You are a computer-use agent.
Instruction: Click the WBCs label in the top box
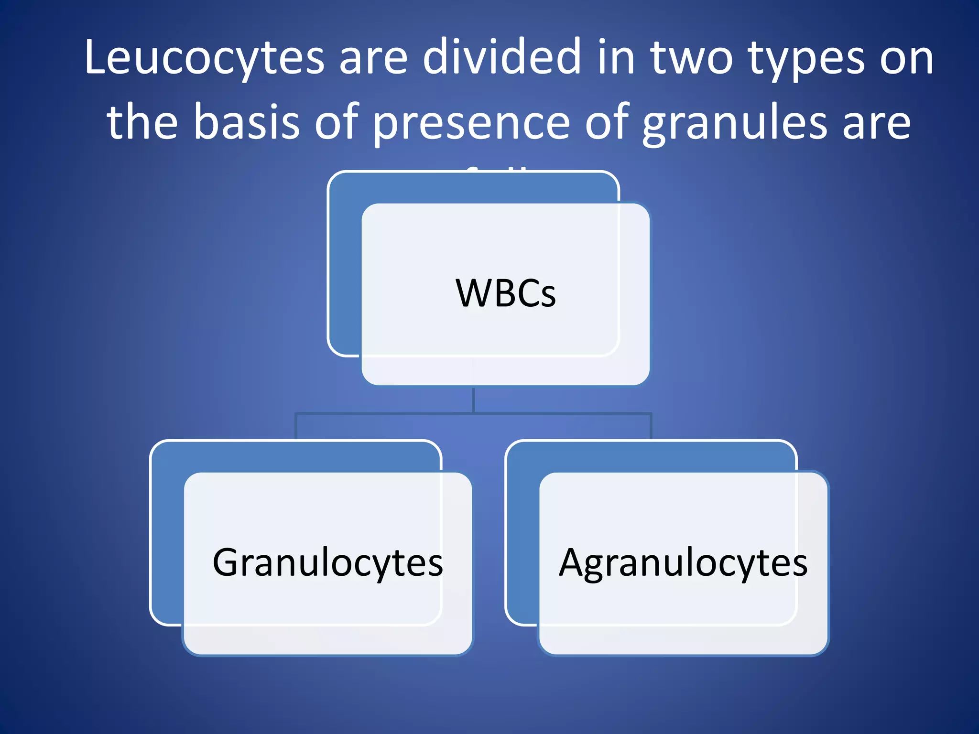tap(506, 293)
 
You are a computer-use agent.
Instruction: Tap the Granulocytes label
tap(328, 563)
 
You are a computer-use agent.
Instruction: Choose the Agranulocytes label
tap(683, 563)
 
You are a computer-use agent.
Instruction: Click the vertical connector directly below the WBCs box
tap(473, 400)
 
